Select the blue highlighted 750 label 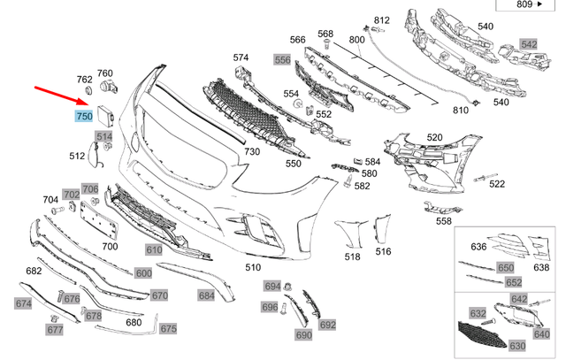(85, 116)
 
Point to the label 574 (241, 58)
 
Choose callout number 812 (381, 20)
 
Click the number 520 (434, 138)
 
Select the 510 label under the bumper (254, 266)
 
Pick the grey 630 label (517, 345)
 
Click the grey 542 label (529, 44)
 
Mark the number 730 (252, 152)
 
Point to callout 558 (443, 220)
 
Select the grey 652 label (513, 283)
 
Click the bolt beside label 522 (480, 180)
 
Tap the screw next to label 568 (326, 44)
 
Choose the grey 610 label (155, 250)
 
